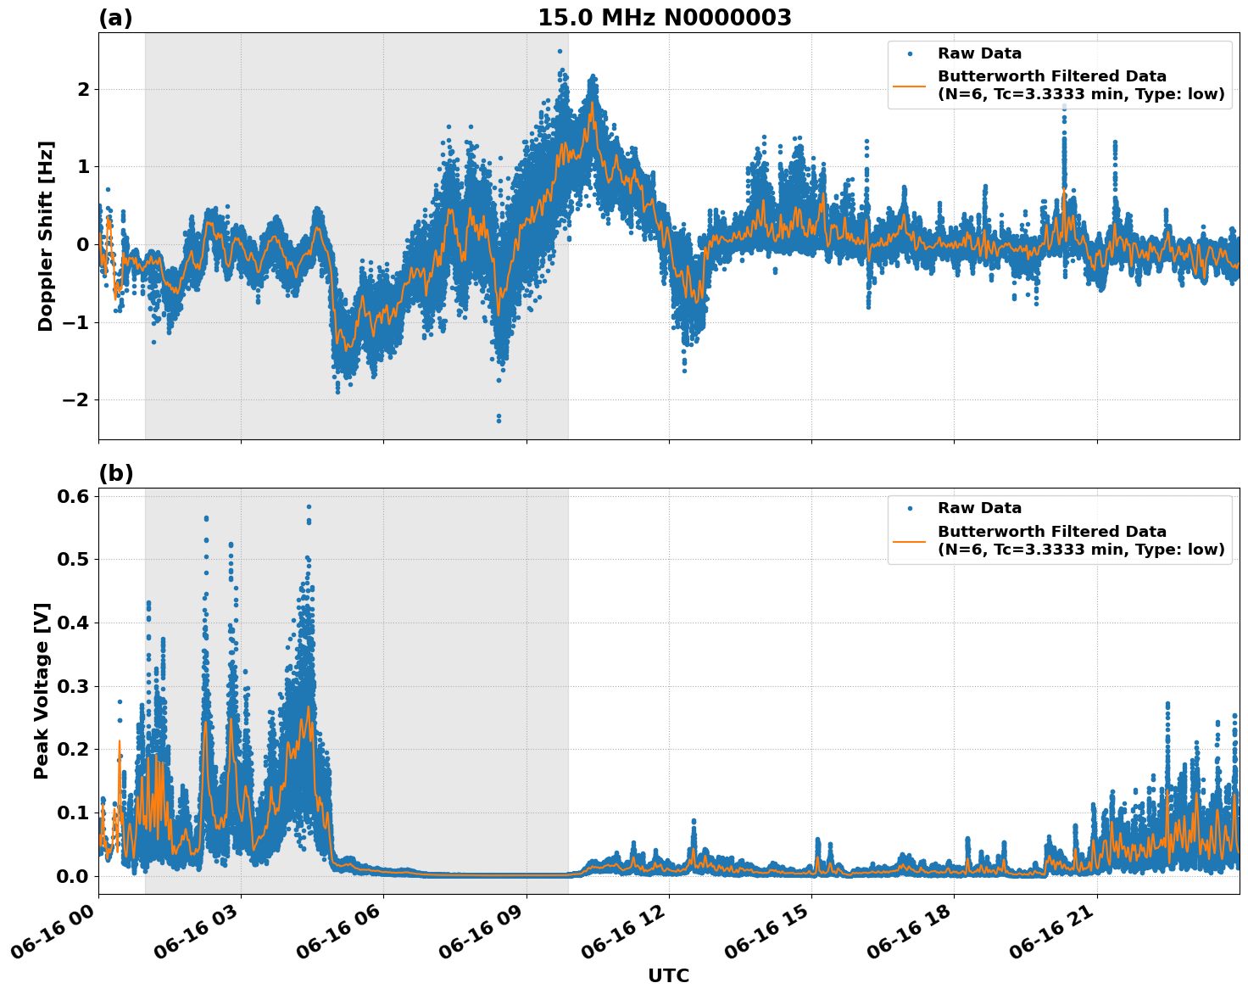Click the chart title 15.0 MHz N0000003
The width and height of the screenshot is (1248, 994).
(665, 18)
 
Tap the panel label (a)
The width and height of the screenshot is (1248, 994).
(115, 18)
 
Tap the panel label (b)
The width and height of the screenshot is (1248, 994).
(115, 473)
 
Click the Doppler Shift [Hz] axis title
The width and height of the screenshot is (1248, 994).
(46, 236)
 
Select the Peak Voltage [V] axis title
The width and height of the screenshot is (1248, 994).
(42, 690)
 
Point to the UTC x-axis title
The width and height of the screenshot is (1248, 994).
(668, 975)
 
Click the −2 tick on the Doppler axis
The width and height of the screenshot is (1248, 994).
(78, 399)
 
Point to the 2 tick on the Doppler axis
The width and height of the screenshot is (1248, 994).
(83, 89)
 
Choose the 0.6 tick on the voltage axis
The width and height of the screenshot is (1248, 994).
(73, 496)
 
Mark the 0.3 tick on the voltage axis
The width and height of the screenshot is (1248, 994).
(73, 686)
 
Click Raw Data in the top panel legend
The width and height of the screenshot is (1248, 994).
(979, 53)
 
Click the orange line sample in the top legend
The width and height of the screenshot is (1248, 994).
(910, 85)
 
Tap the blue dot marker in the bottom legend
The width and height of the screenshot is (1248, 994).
(910, 508)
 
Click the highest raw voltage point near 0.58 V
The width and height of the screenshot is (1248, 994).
(309, 507)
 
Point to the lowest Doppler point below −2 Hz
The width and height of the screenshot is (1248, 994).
(499, 421)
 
